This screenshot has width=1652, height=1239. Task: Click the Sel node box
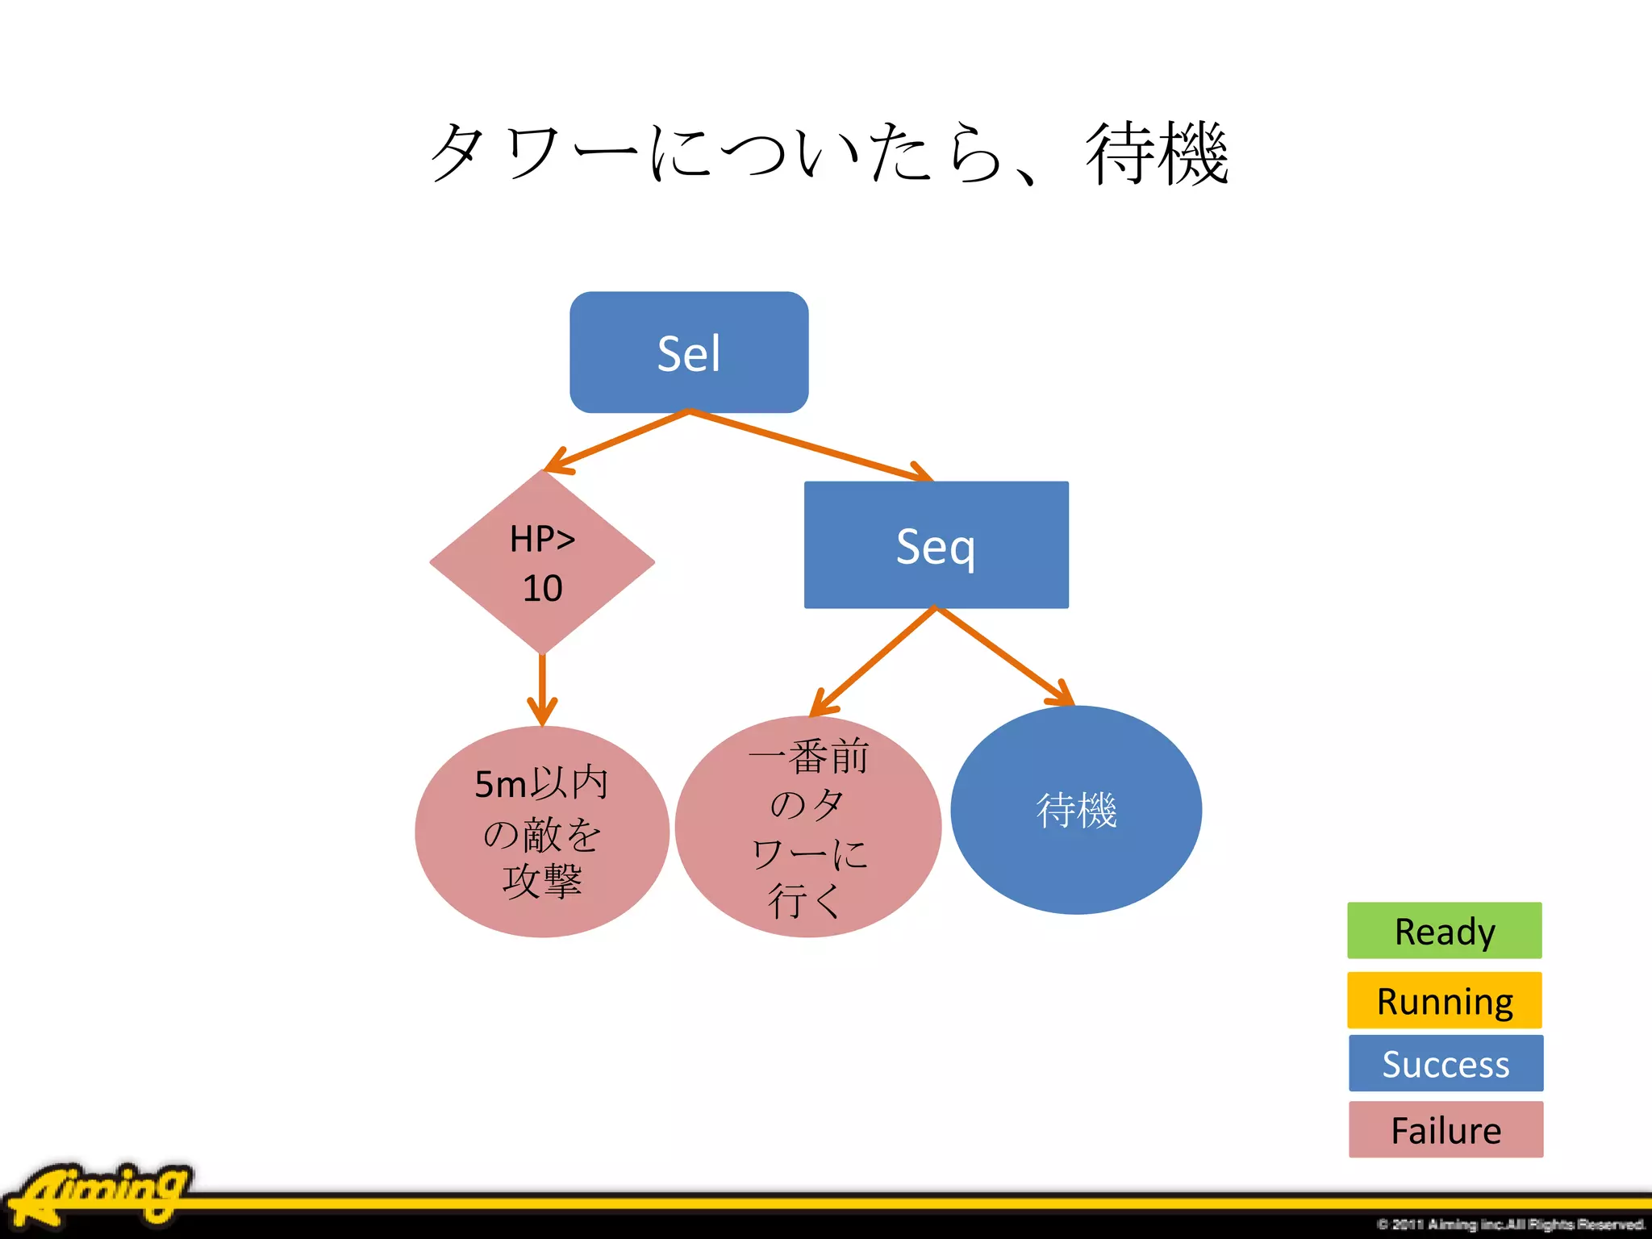coord(689,353)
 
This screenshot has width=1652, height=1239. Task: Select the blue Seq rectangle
coord(936,545)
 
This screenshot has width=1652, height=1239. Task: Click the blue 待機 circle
coord(1076,810)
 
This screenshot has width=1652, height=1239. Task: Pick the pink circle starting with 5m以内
coord(542,832)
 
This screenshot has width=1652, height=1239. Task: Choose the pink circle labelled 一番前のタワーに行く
coord(807,827)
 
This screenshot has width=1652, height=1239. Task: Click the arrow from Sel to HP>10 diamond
coord(617,442)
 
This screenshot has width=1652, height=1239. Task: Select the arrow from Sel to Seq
coord(811,446)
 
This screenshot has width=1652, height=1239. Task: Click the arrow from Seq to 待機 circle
coord(1004,655)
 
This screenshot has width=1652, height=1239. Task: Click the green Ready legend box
coord(1444,931)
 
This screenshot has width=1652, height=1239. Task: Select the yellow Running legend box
coord(1444,1000)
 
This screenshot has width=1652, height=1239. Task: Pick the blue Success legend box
coord(1445,1063)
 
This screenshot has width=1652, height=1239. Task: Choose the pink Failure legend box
coord(1445,1129)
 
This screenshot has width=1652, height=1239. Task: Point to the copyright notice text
coord(1509,1224)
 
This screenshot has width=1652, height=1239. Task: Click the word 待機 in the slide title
coord(1157,153)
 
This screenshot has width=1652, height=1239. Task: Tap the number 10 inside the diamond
coord(542,588)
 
